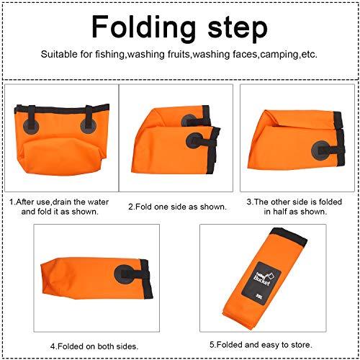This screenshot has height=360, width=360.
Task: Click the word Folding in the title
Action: (144, 27)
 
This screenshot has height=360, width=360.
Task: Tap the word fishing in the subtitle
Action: (110, 55)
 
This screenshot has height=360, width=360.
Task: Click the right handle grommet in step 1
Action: (89, 125)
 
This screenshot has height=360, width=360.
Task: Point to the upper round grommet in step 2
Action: (189, 120)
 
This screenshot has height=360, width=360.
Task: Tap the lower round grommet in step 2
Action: (194, 140)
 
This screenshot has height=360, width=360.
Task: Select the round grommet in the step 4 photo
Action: (124, 274)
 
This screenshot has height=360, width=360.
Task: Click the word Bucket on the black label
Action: (261, 280)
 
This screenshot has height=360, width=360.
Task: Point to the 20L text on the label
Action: (259, 297)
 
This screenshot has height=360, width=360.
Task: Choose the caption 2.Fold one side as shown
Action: (177, 207)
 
